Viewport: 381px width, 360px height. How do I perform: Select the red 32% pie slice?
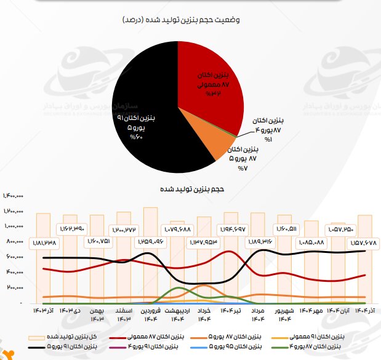coord(209,74)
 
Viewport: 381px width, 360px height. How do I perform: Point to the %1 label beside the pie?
coord(268,140)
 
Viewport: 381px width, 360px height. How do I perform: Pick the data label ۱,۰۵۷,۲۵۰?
coord(340,229)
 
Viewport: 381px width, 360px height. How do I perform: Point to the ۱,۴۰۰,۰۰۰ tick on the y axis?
coord(13,196)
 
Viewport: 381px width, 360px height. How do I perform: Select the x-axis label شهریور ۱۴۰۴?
coord(284,315)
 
